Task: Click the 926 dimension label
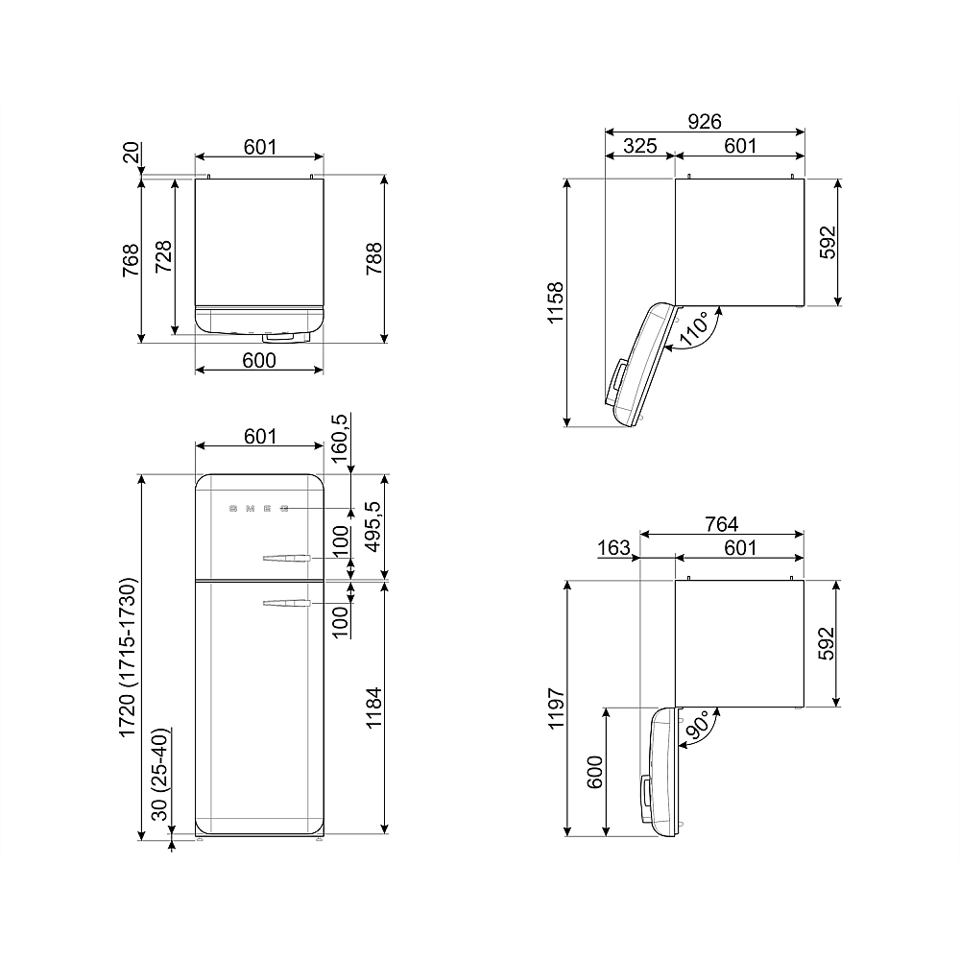(704, 121)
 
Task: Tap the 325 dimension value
(639, 146)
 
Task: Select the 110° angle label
(695, 328)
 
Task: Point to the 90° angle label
(697, 726)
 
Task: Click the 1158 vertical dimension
(555, 302)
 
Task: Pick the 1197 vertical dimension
(556, 708)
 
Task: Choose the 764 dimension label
(721, 524)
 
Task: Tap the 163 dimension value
(613, 547)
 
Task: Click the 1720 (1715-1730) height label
(128, 657)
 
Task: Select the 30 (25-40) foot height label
(159, 775)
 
